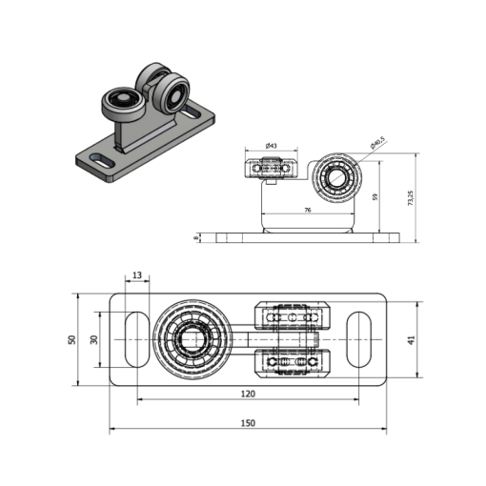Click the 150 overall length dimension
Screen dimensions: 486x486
click(x=248, y=423)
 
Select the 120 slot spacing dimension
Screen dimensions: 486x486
click(x=248, y=394)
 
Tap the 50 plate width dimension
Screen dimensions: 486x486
click(x=72, y=339)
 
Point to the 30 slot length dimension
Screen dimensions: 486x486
click(x=94, y=339)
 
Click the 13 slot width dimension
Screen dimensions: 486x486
click(x=137, y=275)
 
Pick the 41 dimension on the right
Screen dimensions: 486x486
click(x=412, y=340)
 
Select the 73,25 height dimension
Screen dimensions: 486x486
click(x=410, y=198)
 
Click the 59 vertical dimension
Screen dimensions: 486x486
click(x=375, y=197)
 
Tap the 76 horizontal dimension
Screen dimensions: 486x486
click(x=308, y=210)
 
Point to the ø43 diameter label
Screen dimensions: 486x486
click(x=272, y=146)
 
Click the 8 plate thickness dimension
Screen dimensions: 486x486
click(x=196, y=237)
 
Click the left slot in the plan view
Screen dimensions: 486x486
click(x=137, y=339)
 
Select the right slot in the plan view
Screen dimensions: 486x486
click(x=358, y=339)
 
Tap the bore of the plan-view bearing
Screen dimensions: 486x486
click(x=192, y=339)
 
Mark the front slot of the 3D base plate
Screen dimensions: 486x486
click(x=102, y=160)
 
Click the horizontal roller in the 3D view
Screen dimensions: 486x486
click(x=123, y=104)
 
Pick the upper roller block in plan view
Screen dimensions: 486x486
click(x=293, y=316)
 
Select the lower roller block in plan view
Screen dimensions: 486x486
click(x=293, y=363)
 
